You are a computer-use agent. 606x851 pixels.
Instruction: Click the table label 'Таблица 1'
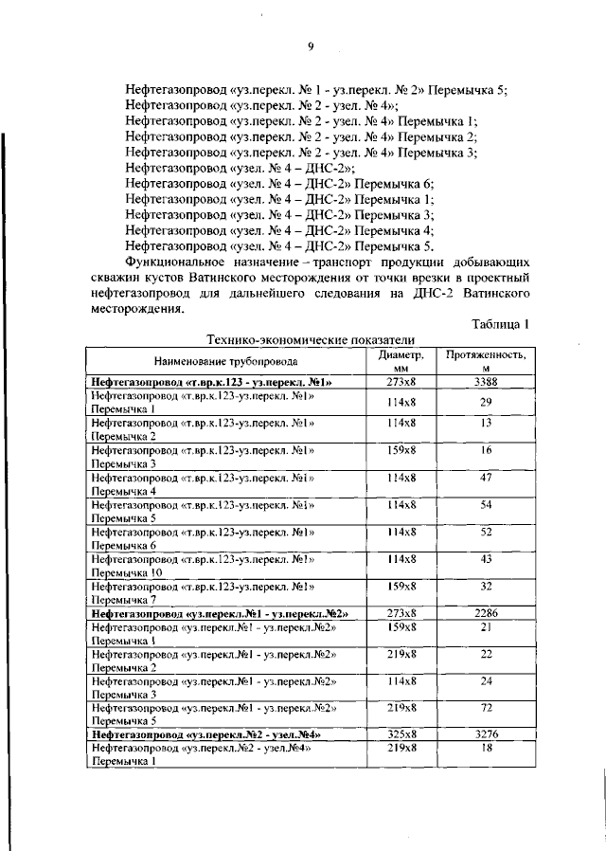click(x=499, y=325)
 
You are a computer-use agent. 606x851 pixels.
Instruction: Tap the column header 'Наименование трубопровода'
click(x=226, y=361)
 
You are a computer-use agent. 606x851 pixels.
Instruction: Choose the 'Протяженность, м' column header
click(x=486, y=361)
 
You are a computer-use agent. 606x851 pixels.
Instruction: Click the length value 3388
click(x=486, y=382)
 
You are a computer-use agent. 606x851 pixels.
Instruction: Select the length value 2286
click(x=486, y=613)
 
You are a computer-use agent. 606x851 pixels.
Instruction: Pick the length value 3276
click(x=486, y=733)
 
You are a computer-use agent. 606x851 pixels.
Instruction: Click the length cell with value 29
click(x=486, y=402)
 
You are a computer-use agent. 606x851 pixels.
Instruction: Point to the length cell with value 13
click(x=486, y=422)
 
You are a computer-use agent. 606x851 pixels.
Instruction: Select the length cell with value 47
click(x=486, y=479)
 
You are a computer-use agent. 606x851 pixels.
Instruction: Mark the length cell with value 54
click(x=486, y=507)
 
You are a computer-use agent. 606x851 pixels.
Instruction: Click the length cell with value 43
click(x=486, y=560)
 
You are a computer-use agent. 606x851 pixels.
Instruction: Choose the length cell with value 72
click(x=486, y=707)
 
